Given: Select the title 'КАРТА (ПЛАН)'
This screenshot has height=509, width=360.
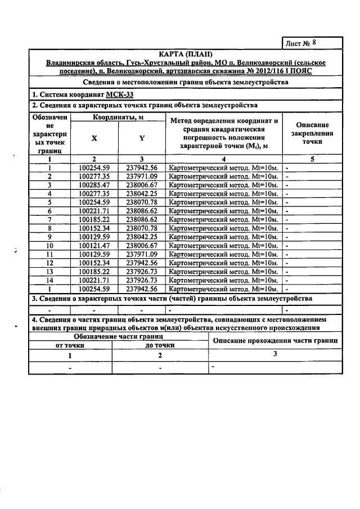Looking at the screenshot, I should pos(185,54).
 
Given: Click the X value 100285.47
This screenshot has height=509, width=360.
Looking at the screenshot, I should pos(94,184).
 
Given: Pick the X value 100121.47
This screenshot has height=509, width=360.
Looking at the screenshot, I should pos(94,246).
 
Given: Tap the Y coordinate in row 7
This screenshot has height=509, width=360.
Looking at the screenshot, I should pos(142,219).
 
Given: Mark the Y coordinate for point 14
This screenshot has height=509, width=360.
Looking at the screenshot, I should pos(142,280).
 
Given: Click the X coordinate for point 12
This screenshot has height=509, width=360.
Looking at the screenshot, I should pos(94,263).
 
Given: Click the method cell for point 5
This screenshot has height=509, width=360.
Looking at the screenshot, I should pos(223,202).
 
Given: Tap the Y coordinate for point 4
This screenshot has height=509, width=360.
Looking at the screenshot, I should pos(142,193).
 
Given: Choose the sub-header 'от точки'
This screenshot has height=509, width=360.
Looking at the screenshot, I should pos(70,345).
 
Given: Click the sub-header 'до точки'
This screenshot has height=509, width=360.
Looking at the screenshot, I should pos(160,345).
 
